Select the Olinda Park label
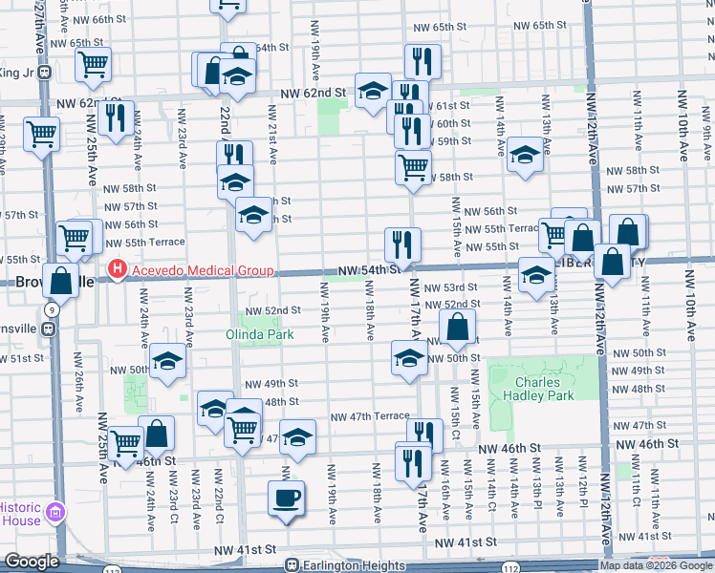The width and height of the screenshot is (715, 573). point(260,334)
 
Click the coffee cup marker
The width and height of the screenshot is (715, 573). point(287,498)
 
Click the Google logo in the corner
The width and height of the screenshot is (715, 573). point(31,562)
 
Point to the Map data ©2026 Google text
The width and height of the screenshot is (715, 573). point(655,565)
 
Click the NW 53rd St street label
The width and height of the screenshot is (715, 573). point(451,287)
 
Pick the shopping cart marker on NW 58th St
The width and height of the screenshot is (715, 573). point(413,166)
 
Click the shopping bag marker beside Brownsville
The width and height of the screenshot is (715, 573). point(60,282)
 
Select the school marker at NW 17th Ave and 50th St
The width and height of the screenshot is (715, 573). point(410,359)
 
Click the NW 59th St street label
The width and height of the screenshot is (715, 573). point(455,140)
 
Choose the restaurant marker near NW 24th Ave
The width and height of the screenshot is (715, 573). point(115,118)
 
